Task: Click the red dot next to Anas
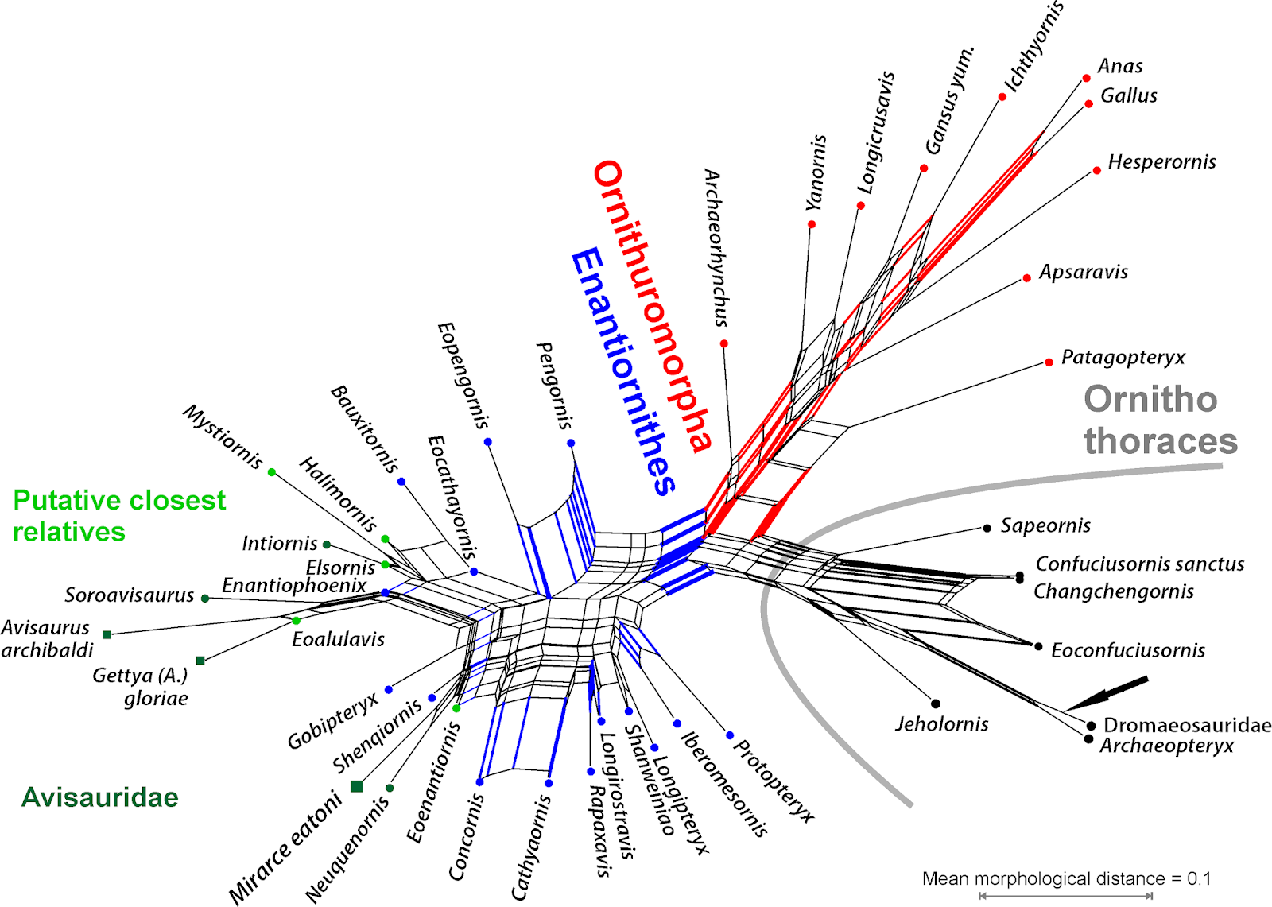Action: (1086, 78)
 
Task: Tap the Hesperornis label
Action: (1161, 162)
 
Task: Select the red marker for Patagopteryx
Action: (1049, 362)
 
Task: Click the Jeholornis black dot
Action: (936, 704)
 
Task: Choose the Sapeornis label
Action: (1045, 525)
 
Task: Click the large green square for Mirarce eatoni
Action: (357, 786)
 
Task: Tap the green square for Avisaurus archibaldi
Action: (107, 634)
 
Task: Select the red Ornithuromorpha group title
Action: (651, 306)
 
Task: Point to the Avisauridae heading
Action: (100, 797)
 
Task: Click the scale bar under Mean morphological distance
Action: (1066, 896)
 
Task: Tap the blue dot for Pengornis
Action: (571, 443)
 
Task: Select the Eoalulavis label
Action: (338, 639)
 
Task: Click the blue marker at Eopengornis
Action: (488, 442)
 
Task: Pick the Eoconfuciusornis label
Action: (1127, 650)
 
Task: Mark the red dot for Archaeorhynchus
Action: (724, 343)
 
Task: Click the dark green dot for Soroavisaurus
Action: (205, 598)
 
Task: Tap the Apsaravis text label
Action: (1084, 272)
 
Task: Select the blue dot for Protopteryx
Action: (730, 735)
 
